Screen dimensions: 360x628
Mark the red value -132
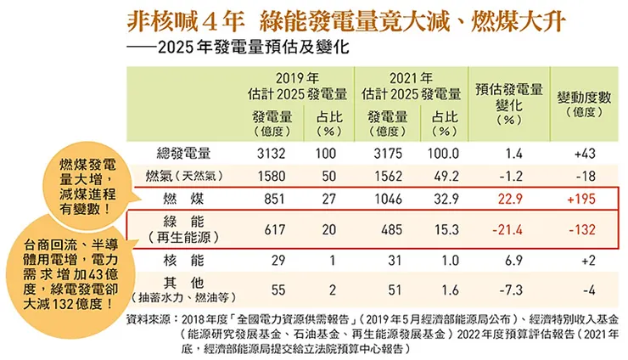pyautogui.click(x=585, y=229)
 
